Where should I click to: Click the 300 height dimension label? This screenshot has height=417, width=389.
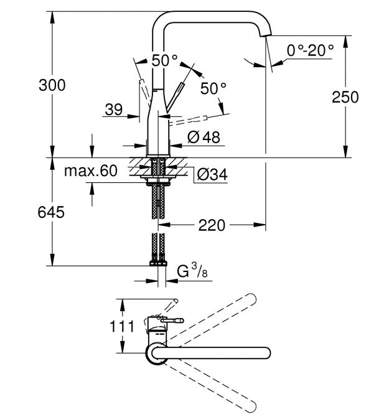pos(52,85)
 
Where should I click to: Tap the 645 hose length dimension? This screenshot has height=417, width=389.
pos(52,212)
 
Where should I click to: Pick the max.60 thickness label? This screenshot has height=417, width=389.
pos(90,171)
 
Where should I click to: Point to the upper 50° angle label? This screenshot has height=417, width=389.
pos(164,60)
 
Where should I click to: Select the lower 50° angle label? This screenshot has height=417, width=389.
pos(213,88)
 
